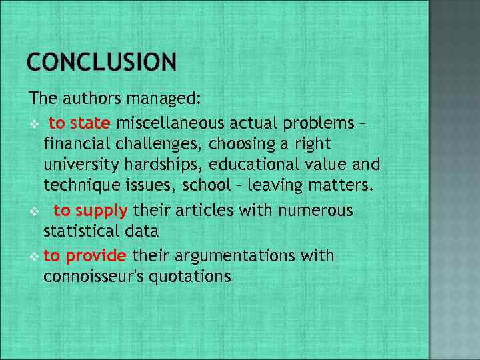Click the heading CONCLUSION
pos(102,63)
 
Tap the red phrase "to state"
pos(79,123)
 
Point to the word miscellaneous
pos(171,123)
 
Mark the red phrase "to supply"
pos(91,211)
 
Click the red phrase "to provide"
pos(85,255)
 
